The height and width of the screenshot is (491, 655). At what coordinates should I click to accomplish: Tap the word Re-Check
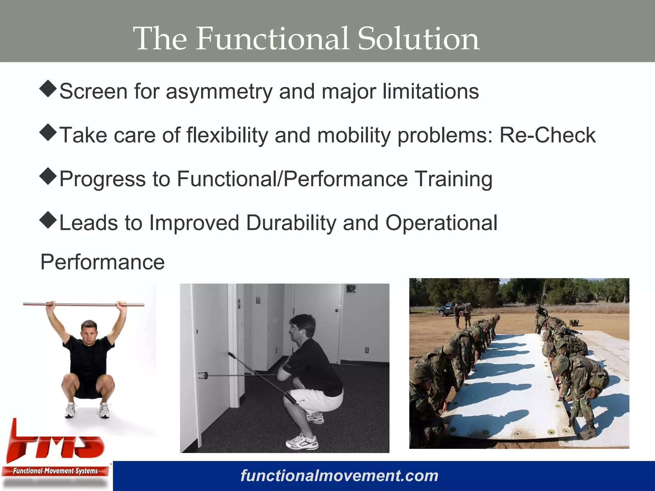point(547,135)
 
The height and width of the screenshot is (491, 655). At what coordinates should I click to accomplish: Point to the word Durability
point(291,222)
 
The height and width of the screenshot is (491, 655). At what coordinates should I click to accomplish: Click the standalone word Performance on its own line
point(102,262)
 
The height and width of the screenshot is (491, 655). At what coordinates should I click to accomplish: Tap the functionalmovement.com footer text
point(339,476)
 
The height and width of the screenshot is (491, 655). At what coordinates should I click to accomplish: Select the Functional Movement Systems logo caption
point(55,471)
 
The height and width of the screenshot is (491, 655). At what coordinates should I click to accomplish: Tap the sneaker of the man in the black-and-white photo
point(302,443)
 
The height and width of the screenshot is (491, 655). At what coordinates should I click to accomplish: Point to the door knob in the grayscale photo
point(337,310)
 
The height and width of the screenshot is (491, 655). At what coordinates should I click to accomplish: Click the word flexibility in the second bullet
point(227,135)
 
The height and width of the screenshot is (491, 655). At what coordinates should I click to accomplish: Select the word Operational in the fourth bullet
point(441,222)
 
